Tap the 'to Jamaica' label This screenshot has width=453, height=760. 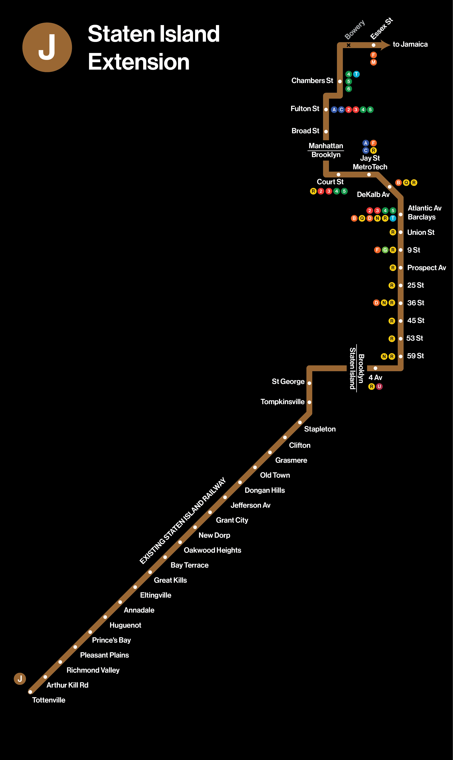(x=410, y=44)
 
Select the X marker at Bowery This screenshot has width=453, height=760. (x=348, y=45)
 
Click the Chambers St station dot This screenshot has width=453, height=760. (x=340, y=81)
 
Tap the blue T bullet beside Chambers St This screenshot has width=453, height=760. (x=356, y=74)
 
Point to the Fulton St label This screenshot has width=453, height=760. (x=305, y=109)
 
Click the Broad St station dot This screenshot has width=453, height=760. (x=326, y=131)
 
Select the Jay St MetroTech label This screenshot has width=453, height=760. (x=370, y=162)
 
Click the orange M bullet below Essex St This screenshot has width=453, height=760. (x=373, y=62)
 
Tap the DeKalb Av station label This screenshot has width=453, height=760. (x=373, y=194)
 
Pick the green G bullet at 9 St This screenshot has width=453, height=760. (x=385, y=250)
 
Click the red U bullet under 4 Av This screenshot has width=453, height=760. (x=379, y=386)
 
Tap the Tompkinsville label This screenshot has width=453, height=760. (x=282, y=402)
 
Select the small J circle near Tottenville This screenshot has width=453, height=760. (x=20, y=679)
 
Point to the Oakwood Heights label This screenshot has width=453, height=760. (x=212, y=550)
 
